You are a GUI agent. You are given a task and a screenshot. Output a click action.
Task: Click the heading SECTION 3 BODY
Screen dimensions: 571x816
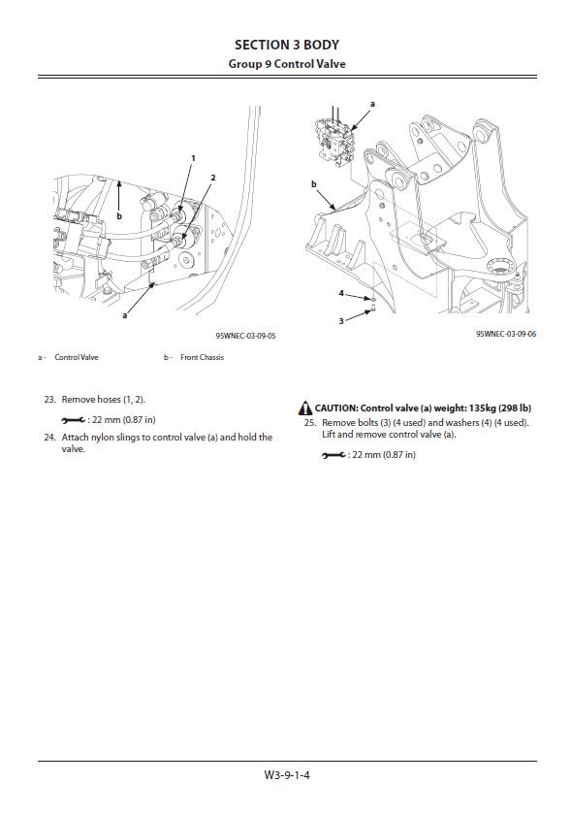point(287,46)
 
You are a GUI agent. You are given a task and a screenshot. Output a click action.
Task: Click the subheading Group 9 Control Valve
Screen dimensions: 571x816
point(287,64)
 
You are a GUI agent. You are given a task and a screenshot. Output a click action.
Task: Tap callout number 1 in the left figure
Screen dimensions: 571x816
point(193,158)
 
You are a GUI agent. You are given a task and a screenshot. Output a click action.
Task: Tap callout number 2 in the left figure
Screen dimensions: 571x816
point(212,178)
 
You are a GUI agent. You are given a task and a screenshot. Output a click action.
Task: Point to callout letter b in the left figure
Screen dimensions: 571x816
point(119,216)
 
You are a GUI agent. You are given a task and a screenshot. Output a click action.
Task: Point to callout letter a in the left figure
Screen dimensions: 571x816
point(125,314)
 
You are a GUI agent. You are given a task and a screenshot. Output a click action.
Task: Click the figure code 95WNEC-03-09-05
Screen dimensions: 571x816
point(245,336)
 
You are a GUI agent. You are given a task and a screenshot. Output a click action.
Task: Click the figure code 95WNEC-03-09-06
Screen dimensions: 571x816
point(506,334)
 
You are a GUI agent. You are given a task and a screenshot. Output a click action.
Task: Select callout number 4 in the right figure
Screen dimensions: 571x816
point(341,293)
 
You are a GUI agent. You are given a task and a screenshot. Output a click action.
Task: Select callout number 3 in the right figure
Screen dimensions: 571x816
point(341,321)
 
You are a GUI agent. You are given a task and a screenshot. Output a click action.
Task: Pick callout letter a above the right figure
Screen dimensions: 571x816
point(372,104)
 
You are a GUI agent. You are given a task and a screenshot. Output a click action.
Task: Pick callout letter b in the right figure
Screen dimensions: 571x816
point(313,183)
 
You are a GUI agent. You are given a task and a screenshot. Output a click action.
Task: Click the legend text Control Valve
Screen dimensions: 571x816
point(77,357)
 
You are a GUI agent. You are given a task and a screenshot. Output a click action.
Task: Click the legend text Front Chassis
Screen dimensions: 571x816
point(202,357)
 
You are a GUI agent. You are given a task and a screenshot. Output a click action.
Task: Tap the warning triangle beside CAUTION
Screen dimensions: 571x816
point(305,408)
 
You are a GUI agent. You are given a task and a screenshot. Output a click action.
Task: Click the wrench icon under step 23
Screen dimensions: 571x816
point(74,420)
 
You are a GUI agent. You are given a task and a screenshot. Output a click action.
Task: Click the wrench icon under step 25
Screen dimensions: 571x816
point(333,455)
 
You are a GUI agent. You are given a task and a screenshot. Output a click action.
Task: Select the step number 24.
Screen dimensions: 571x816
point(49,438)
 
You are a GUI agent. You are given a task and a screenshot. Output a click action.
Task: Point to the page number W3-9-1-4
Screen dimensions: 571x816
point(287,775)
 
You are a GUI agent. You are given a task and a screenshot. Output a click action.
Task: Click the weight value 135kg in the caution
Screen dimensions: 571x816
point(483,408)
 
